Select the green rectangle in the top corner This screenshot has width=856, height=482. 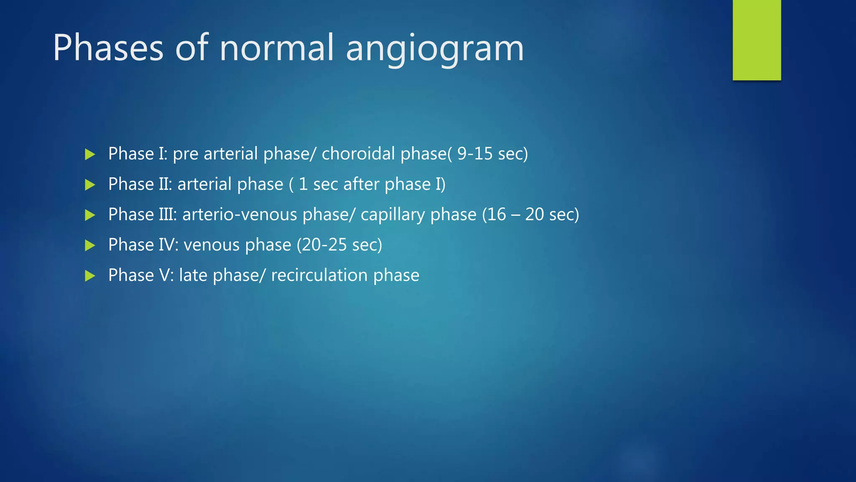757,40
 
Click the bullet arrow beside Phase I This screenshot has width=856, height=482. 90,154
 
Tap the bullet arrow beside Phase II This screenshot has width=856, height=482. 90,185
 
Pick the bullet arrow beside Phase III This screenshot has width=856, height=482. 90,215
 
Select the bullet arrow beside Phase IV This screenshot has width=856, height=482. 90,246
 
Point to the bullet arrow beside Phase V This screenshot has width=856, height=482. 90,276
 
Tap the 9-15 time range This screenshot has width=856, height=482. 475,154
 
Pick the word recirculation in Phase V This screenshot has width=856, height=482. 319,275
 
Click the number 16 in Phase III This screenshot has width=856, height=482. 497,214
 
